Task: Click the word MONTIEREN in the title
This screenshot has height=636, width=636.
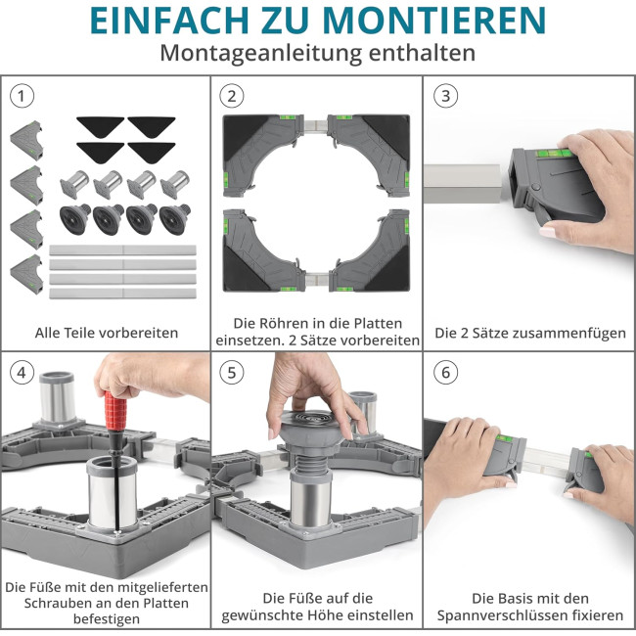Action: (x=435, y=20)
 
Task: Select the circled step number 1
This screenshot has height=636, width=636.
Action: (x=22, y=96)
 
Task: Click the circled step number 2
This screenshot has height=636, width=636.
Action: (x=232, y=96)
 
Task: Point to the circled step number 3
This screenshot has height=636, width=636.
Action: (x=446, y=96)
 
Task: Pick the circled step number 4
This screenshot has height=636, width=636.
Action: (x=22, y=373)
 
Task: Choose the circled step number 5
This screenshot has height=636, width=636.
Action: (x=232, y=373)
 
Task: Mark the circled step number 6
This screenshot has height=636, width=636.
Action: (x=446, y=373)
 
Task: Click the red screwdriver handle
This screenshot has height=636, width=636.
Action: (x=116, y=411)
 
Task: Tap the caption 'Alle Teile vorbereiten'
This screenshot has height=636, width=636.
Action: (x=107, y=333)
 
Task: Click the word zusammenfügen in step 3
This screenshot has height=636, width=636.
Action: (x=569, y=334)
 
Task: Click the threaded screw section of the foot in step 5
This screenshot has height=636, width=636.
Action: (x=311, y=461)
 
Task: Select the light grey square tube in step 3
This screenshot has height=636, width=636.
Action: (x=464, y=183)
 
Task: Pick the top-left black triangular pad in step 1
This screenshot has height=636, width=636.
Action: (x=100, y=126)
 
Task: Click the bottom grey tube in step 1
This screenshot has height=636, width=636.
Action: (x=122, y=294)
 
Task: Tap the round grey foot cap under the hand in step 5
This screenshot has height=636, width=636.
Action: (x=312, y=425)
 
